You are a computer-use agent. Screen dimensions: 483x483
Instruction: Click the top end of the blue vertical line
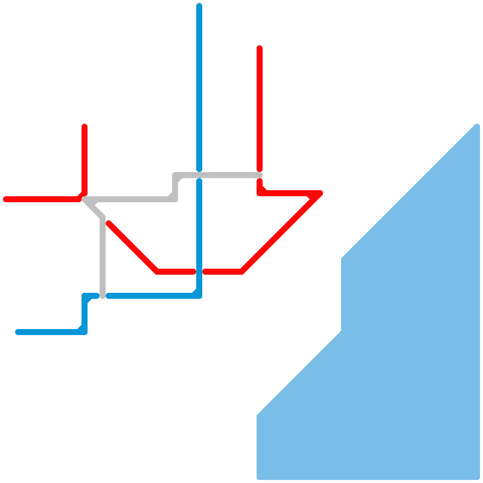[x=199, y=6]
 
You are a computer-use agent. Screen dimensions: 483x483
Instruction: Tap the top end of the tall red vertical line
[x=260, y=48]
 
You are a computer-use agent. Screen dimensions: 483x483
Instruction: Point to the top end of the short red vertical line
[x=85, y=126]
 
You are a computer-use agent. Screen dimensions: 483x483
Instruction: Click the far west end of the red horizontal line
[x=5, y=199]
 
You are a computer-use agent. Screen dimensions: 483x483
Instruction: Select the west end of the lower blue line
[x=18, y=332]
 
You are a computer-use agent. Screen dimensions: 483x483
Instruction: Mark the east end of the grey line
[x=260, y=175]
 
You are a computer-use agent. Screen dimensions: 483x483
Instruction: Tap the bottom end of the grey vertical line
[x=103, y=296]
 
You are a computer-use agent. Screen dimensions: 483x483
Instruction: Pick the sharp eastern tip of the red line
[x=321, y=193]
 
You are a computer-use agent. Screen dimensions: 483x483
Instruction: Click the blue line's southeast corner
[x=199, y=296]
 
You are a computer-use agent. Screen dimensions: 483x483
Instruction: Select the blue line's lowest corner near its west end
[x=85, y=332]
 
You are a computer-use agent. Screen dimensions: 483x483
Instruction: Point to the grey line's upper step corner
[x=175, y=175]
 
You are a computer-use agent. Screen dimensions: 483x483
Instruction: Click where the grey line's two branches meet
[x=85, y=199]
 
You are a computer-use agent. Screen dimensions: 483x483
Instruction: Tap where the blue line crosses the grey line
[x=199, y=175]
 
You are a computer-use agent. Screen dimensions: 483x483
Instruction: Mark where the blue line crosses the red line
[x=199, y=272]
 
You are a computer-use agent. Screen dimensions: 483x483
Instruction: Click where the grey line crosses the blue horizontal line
[x=103, y=296]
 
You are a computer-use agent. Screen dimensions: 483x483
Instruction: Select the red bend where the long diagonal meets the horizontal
[x=241, y=272]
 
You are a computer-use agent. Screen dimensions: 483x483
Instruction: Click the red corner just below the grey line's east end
[x=260, y=193]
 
